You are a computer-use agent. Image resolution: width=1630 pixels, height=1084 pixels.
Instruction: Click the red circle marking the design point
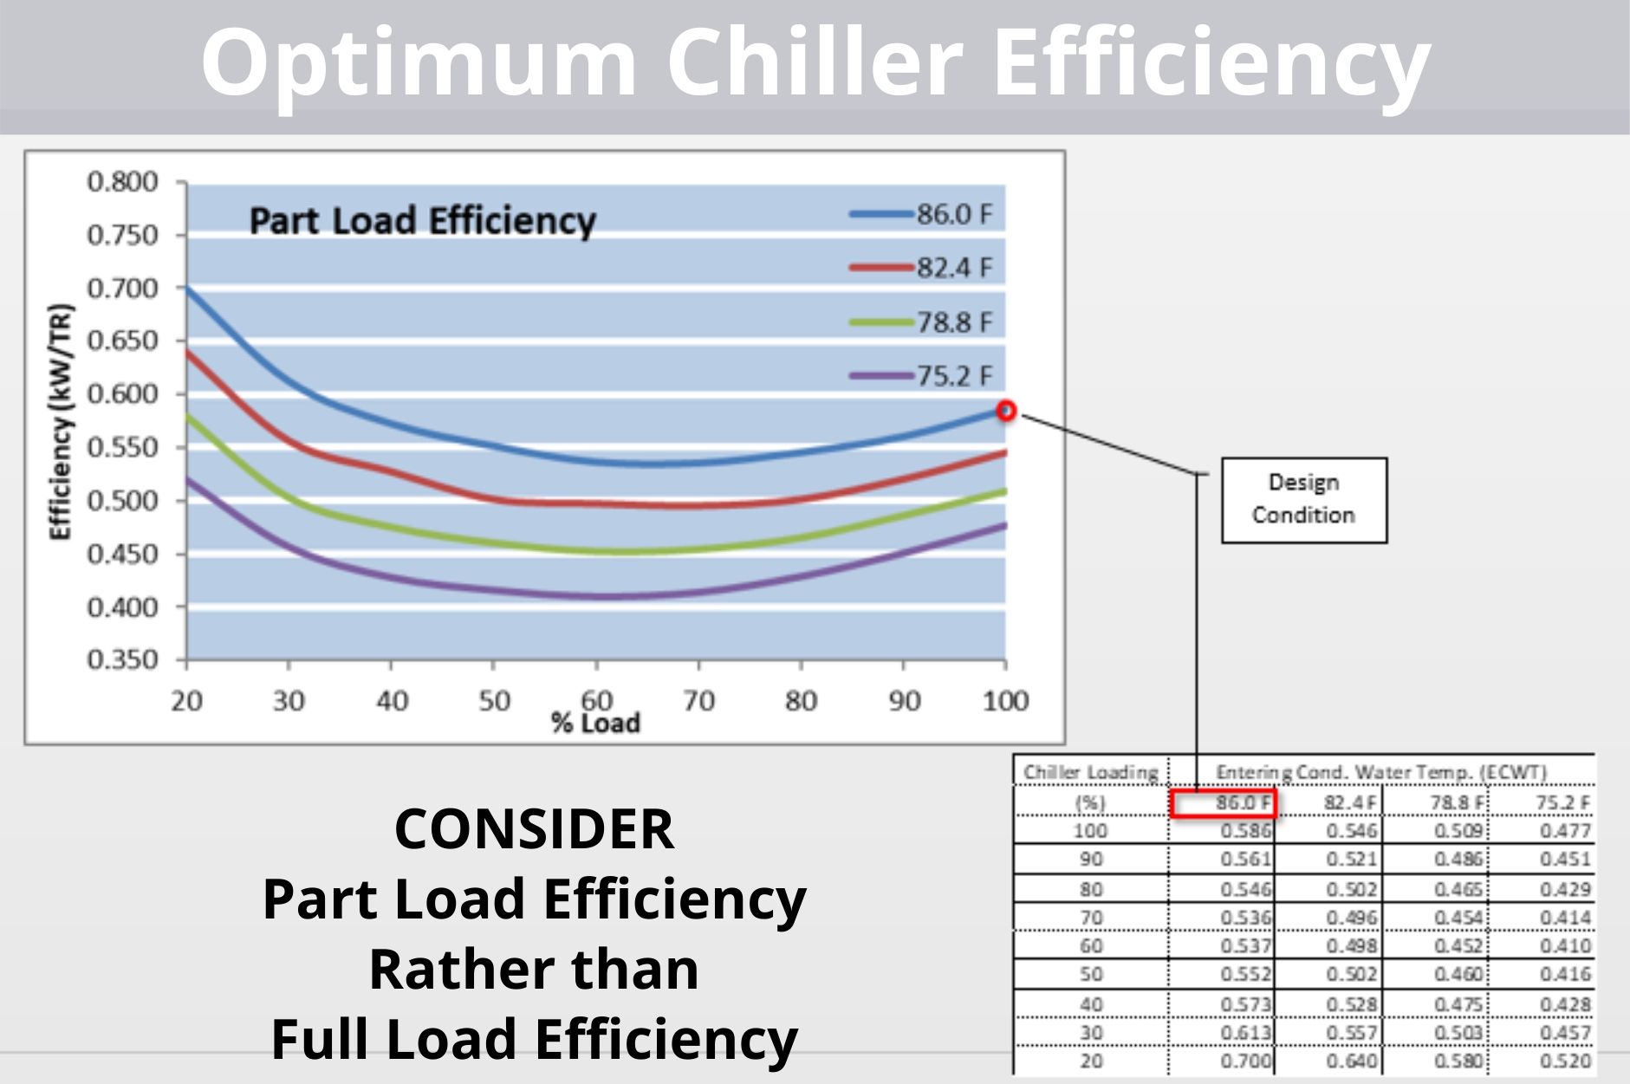pos(1005,411)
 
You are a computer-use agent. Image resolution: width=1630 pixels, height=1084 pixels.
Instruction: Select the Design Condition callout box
pos(1303,500)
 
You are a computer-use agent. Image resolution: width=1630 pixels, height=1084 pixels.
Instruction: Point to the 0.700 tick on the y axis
pos(122,288)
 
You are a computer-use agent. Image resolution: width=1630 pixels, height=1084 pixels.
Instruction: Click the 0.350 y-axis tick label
pos(122,660)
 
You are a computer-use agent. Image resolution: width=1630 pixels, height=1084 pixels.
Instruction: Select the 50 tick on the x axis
pos(494,700)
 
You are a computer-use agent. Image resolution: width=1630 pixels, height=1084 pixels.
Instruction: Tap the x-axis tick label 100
pos(1005,700)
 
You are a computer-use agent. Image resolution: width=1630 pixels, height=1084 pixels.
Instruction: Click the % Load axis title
pos(595,724)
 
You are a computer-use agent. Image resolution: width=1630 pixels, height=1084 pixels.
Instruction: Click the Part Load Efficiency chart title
pos(422,220)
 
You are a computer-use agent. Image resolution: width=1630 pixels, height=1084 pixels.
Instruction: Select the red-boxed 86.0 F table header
pos(1223,802)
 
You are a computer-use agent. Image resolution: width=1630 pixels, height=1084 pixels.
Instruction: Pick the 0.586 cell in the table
pos(1245,831)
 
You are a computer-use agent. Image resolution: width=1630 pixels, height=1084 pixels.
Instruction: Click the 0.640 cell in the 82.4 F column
pos(1351,1061)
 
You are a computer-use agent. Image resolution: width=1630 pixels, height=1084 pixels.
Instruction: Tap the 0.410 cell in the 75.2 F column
pos(1565,945)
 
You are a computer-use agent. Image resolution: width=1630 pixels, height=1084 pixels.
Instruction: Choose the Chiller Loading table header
pos(1090,772)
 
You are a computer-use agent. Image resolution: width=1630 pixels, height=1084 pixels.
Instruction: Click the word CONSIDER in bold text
pos(534,829)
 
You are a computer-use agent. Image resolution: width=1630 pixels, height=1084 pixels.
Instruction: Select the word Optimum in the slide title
pos(418,62)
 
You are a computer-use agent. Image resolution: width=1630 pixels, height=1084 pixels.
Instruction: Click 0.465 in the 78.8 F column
pos(1458,889)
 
